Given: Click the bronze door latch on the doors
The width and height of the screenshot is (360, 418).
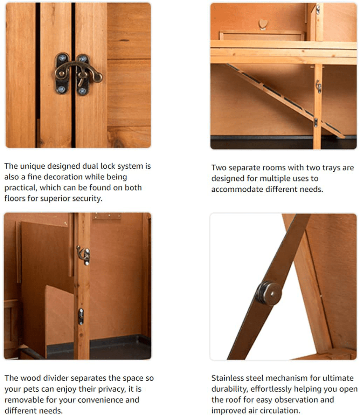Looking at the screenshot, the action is coord(78,73).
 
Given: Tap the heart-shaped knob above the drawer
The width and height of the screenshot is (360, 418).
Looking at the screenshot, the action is coord(263,24).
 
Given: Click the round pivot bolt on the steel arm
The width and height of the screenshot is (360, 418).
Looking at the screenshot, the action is coord(269,293).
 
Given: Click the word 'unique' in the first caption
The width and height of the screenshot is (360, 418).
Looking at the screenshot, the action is coord(33,166).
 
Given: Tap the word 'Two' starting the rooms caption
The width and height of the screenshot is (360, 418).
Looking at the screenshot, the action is coord(219,168).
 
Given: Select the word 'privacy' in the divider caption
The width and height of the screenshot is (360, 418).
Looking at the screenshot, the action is coord(112,389).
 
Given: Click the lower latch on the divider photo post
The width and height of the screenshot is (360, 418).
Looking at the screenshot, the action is coord(81,316).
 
